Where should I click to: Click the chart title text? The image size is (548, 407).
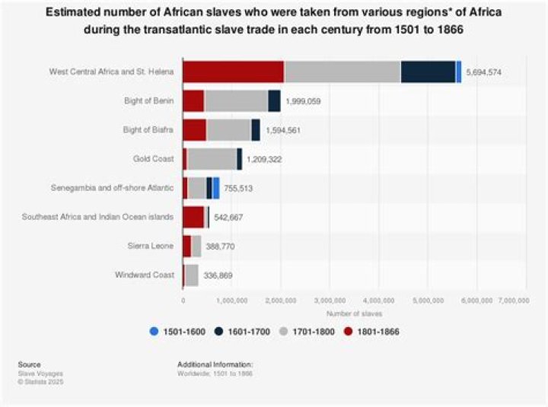point(274,21)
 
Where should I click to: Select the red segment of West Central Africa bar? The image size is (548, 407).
point(233,72)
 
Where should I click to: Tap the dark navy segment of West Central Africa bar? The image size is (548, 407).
point(428,72)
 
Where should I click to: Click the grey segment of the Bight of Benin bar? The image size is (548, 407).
point(236,101)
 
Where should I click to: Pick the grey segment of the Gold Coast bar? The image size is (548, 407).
point(212,159)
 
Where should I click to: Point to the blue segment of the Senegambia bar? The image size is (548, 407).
point(216,189)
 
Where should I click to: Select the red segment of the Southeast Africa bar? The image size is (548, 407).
point(193,218)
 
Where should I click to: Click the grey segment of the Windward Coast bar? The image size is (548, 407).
point(192,275)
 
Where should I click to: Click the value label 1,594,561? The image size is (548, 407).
point(284,130)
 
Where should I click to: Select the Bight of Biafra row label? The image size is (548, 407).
point(149,130)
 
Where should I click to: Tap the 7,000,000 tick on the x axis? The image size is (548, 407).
point(513,301)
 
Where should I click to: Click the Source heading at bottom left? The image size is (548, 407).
point(30,364)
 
